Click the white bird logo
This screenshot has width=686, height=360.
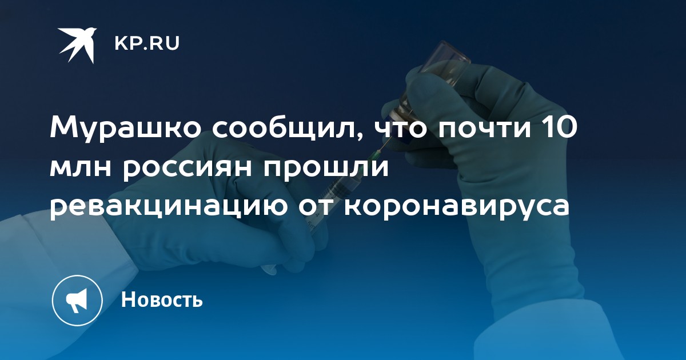click(x=77, y=45)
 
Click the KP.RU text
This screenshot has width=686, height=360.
click(x=147, y=43)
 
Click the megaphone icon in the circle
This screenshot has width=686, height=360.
click(x=77, y=299)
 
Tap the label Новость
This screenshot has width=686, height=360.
click(x=162, y=299)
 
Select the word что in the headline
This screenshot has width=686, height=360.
click(x=401, y=128)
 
